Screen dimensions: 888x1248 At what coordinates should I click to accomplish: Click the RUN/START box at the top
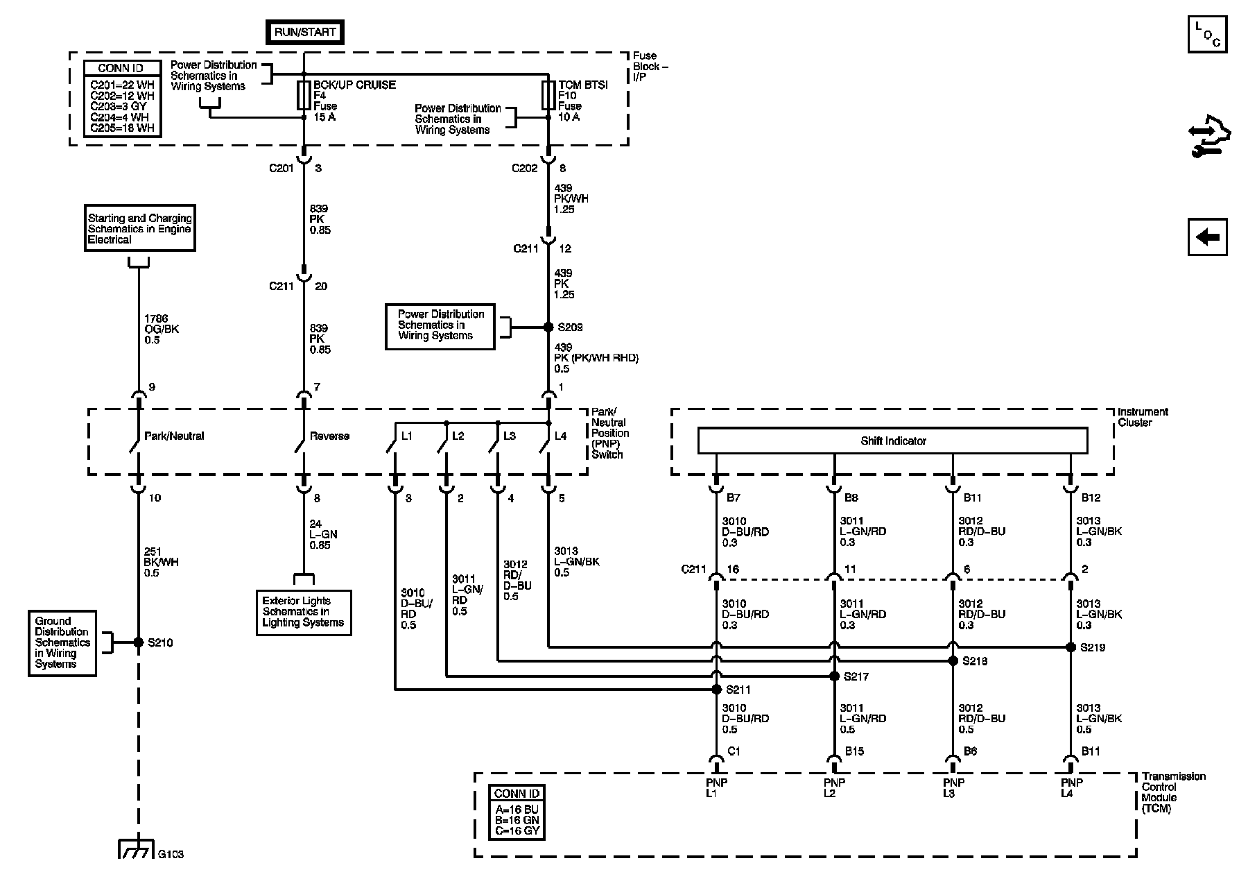coord(304,32)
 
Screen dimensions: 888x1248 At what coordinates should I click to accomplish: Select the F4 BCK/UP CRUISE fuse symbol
coord(304,95)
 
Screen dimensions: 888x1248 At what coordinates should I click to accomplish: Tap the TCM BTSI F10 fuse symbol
coord(548,95)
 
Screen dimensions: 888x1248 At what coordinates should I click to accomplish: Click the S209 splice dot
coord(548,327)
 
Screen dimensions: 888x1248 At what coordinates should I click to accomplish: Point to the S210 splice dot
coord(138,642)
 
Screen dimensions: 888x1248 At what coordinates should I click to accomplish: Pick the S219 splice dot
coord(1071,647)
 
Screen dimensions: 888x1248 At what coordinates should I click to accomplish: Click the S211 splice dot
coord(716,690)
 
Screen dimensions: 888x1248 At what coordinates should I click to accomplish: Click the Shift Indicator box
coord(892,441)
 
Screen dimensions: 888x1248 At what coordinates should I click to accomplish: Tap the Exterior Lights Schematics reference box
coord(303,612)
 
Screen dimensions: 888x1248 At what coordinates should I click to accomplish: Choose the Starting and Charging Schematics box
coord(139,228)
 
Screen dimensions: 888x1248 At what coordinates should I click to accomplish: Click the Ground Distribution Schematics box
coord(62,642)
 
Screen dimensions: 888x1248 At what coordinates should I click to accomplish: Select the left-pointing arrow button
coord(1207,237)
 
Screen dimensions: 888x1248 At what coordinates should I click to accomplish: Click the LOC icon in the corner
coord(1207,34)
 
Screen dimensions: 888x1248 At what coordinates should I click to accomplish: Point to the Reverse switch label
coord(329,436)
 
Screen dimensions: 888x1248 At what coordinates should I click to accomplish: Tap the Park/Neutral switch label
coord(174,436)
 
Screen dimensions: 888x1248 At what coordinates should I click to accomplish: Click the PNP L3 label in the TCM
coord(954,788)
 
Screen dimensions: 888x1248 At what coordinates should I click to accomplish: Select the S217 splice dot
coord(835,676)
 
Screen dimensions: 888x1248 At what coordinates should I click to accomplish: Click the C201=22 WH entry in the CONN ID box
coord(122,85)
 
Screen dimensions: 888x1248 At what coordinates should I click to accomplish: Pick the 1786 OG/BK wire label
coord(162,329)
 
